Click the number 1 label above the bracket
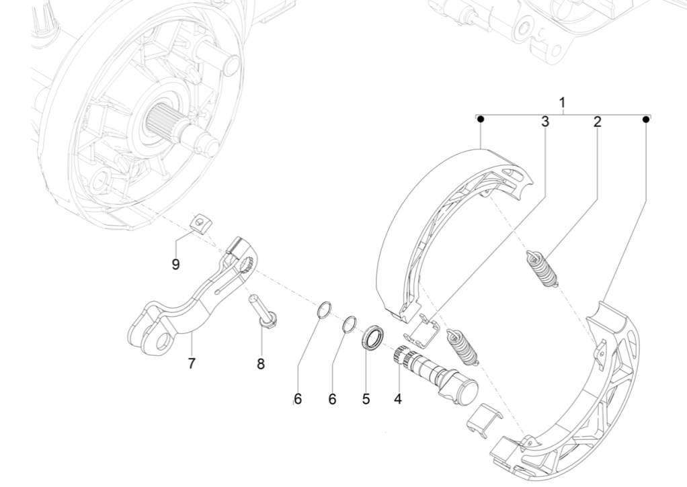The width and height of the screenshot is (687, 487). click(562, 103)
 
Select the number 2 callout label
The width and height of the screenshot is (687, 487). click(597, 122)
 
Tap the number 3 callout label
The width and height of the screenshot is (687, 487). click(545, 122)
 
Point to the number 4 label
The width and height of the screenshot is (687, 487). click(397, 398)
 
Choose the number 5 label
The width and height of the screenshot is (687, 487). click(366, 398)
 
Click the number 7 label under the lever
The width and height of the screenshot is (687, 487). click(192, 363)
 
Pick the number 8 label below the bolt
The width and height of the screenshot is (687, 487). click(261, 364)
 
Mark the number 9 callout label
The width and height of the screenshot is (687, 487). click(175, 264)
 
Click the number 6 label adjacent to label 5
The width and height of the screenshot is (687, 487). click(332, 398)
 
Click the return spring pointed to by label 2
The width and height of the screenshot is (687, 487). click(540, 266)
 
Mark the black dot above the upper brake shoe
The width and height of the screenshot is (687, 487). click(480, 119)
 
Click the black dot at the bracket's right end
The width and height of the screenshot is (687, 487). click(645, 119)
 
